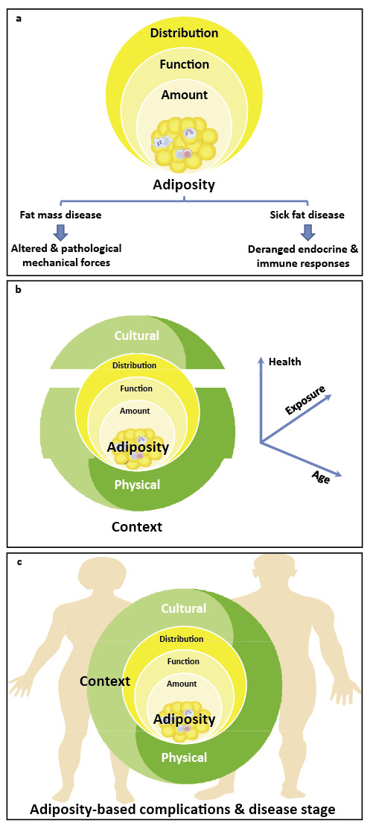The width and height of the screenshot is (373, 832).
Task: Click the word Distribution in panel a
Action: pos(184,33)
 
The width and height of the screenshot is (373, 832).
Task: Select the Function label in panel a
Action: pos(184,65)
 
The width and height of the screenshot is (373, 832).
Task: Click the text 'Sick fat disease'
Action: pos(307,215)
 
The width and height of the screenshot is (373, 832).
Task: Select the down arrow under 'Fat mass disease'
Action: pos(60,233)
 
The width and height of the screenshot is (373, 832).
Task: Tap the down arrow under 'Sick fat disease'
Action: pos(307,233)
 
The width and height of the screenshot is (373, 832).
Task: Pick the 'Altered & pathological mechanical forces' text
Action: pos(66,256)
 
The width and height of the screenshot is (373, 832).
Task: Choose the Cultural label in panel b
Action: pos(136,335)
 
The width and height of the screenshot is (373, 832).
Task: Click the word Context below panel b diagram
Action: pos(136,527)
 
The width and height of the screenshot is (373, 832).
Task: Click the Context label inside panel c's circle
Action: pos(105,681)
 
